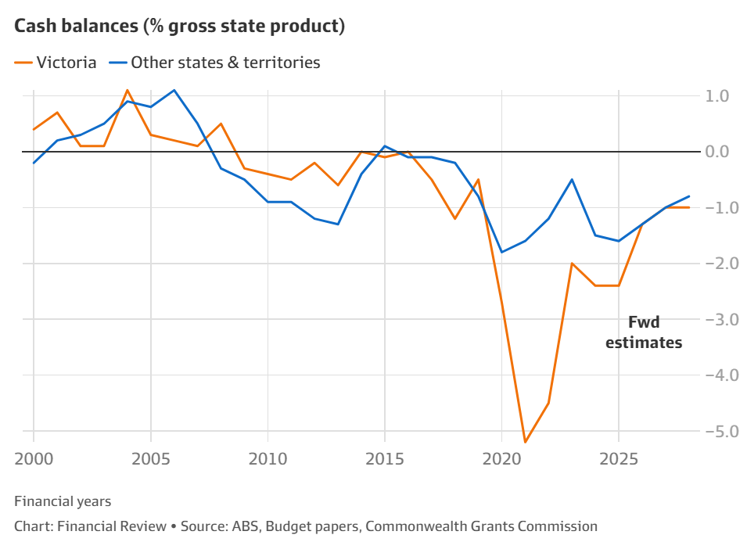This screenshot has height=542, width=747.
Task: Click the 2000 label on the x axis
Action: tap(34, 455)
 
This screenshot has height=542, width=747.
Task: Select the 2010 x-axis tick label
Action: tap(268, 455)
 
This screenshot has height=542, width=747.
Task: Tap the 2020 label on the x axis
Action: tap(501, 455)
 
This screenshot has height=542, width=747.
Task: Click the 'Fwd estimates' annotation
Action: tap(644, 332)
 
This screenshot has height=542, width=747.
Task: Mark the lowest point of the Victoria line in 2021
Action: tap(525, 443)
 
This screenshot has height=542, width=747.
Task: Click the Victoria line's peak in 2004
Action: tap(127, 90)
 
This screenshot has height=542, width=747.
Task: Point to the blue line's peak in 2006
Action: tap(174, 90)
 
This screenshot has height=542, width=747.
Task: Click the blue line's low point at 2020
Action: tap(501, 252)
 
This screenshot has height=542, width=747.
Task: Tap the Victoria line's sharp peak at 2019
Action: tap(478, 180)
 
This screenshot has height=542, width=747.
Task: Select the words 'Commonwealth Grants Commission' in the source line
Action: tap(482, 526)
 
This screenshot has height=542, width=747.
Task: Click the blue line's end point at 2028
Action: tap(689, 196)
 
